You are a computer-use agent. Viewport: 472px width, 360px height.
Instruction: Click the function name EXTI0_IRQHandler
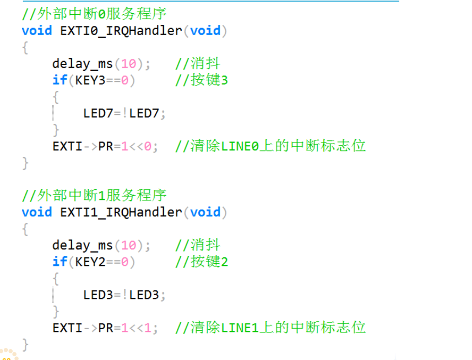[121, 31]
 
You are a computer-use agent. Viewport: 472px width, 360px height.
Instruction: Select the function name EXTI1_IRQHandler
[121, 212]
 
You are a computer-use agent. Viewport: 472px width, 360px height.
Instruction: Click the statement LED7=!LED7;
[124, 113]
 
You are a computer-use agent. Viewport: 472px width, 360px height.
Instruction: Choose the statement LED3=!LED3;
[124, 295]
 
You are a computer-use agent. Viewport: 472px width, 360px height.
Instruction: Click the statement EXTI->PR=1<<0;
[105, 146]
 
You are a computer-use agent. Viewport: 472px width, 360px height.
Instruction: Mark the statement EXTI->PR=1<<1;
[105, 328]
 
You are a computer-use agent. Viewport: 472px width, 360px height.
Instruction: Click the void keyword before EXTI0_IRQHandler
[36, 31]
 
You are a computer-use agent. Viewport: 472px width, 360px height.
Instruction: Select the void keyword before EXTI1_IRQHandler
[36, 212]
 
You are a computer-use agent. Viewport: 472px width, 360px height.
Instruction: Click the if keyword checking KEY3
[59, 80]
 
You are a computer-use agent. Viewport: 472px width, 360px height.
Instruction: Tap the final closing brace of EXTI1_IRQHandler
[25, 345]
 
